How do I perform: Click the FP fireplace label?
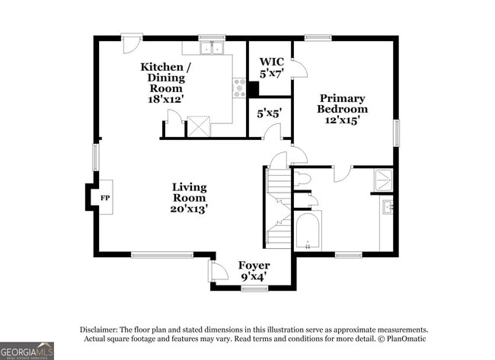105,198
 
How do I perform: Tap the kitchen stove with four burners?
239,88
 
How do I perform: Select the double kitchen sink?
212,48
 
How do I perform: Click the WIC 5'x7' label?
272,68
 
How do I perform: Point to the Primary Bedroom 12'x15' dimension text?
343,120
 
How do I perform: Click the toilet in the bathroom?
302,179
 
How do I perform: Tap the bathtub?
308,231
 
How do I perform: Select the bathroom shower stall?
383,180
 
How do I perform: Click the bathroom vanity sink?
388,207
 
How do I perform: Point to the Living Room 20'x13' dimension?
189,209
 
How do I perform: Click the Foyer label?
254,266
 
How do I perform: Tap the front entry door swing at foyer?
218,271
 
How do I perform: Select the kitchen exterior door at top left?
131,44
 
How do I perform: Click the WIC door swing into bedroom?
299,68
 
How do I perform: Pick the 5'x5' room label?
269,113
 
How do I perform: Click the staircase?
279,209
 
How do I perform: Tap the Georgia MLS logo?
27,351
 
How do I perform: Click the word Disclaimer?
99,330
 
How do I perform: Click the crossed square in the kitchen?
199,126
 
